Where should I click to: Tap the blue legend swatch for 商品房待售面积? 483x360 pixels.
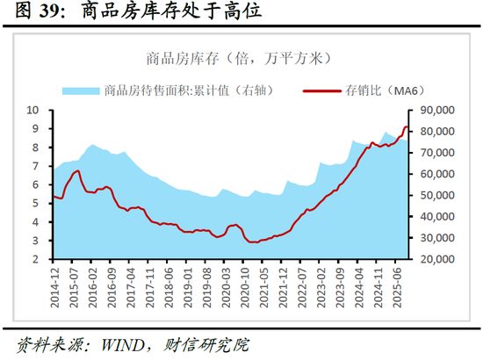click(80, 90)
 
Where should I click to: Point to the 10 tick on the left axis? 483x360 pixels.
click(32, 110)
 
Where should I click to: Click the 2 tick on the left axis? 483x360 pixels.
click(36, 260)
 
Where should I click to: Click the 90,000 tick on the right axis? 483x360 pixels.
click(437, 110)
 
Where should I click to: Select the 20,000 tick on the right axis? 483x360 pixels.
click(437, 260)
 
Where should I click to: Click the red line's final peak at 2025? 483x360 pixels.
click(407, 127)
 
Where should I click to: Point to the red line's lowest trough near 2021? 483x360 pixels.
click(254, 241)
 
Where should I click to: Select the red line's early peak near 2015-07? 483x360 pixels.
click(77, 171)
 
